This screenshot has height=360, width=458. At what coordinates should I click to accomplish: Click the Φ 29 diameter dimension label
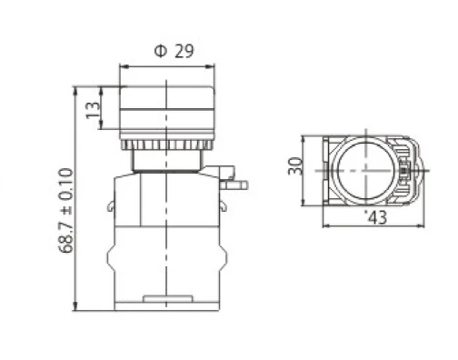point(174,51)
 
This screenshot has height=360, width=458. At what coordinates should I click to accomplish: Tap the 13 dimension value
point(93,110)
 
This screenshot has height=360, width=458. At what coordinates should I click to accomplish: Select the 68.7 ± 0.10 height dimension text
point(65,210)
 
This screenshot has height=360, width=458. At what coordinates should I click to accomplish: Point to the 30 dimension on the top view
point(295,166)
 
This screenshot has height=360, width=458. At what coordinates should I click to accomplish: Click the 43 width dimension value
point(377,217)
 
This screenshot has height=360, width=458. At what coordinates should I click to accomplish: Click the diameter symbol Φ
point(161,51)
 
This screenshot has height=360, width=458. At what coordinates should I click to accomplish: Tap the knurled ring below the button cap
point(166,145)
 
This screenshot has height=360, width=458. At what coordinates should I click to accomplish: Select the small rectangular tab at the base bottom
point(168,299)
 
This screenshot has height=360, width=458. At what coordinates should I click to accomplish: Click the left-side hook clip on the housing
point(111,206)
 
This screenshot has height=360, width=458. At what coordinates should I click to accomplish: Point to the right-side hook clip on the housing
point(223,205)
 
